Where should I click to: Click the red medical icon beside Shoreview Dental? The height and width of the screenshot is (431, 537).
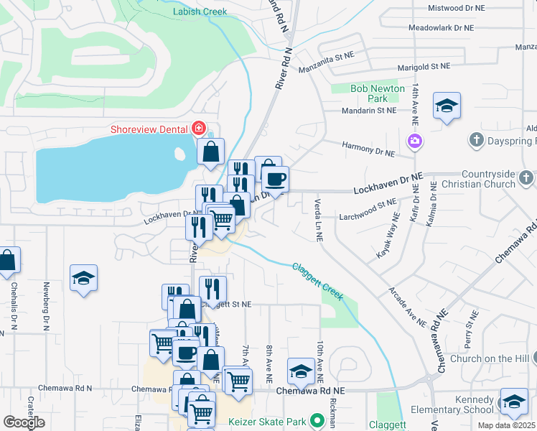tap(199, 129)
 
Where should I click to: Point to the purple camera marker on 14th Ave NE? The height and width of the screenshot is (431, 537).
tap(414, 140)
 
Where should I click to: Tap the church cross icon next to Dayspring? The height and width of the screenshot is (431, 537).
tap(477, 139)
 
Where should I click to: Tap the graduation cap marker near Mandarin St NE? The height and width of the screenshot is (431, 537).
tap(447, 106)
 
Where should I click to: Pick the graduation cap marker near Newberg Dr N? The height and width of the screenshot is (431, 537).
tap(83, 277)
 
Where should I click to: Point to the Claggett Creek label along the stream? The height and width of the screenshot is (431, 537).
tap(318, 282)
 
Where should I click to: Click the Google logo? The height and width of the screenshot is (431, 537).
tap(24, 422)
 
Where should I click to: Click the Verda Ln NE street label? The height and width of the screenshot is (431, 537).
tap(317, 216)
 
